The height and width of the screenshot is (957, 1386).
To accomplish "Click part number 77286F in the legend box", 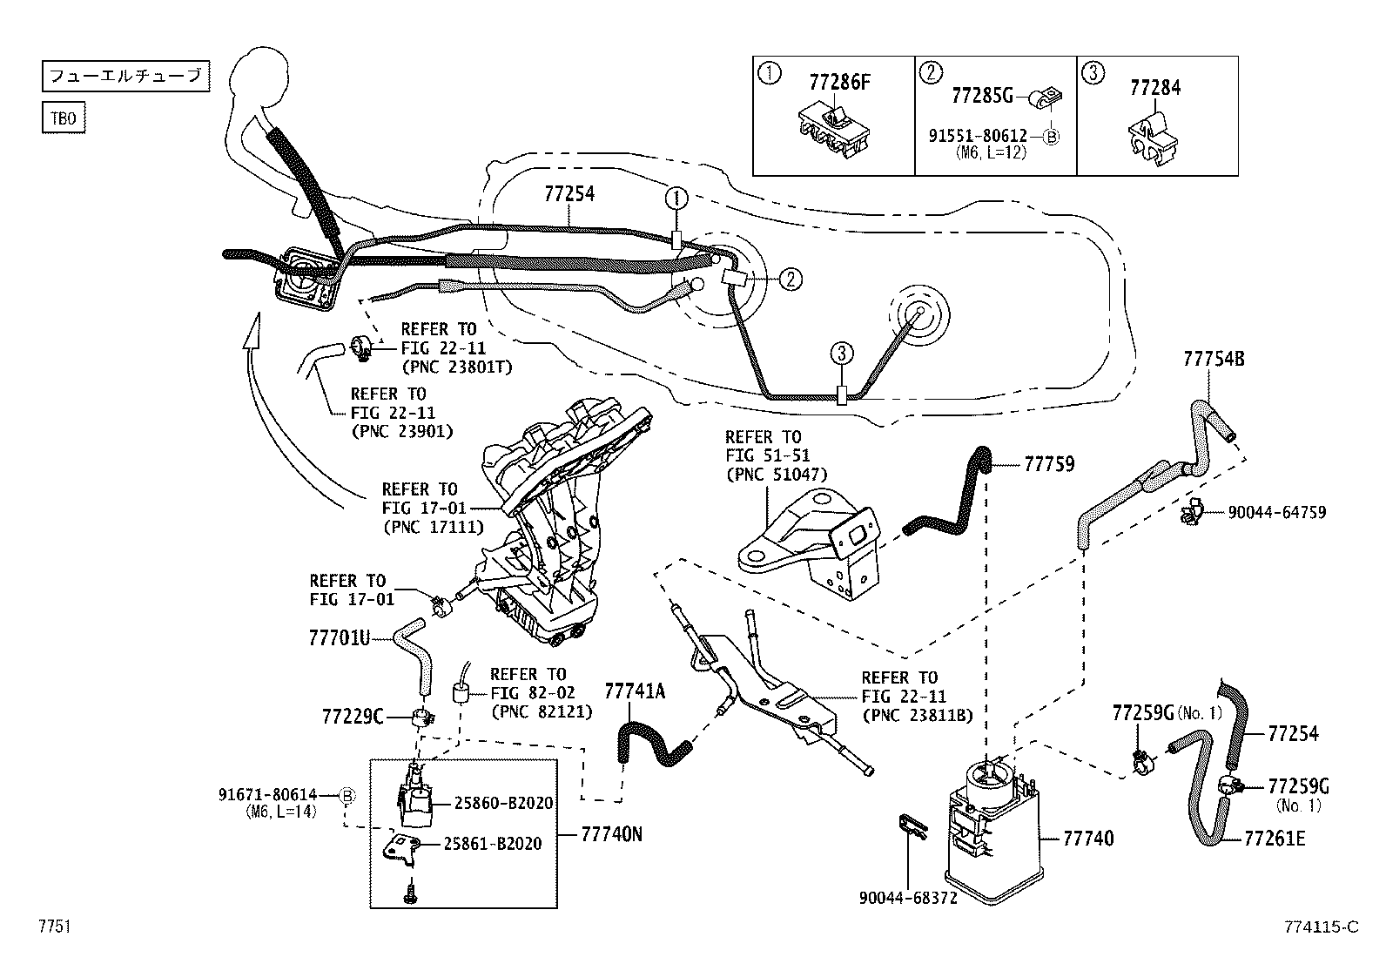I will [839, 83].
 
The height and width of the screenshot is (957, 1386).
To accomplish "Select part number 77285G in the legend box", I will [982, 95].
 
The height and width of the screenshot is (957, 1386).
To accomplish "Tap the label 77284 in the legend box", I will [1155, 88].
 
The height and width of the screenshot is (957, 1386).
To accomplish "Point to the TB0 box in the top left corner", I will [64, 118].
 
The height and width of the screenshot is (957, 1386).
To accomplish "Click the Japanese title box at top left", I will [125, 77].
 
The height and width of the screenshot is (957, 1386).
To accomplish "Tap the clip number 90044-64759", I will [1276, 513].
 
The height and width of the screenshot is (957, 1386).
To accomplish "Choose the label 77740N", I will [611, 833].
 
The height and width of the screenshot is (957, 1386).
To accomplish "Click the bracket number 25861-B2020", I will [493, 844].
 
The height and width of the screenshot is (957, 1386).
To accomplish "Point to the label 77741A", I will [635, 691].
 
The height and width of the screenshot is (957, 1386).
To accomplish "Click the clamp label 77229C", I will [353, 717].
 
